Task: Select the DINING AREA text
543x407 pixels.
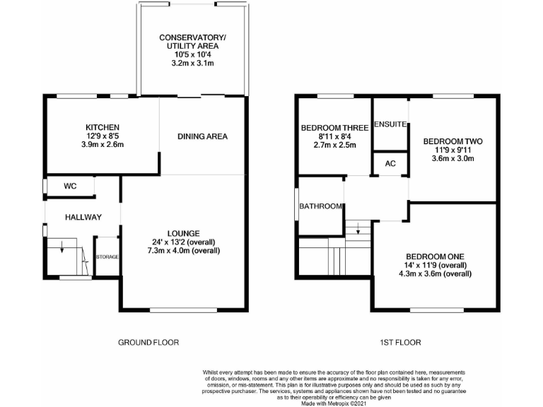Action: [202, 136]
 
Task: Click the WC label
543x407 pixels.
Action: [70, 187]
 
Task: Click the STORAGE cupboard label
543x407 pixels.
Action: [107, 256]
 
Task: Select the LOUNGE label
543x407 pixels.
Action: [183, 233]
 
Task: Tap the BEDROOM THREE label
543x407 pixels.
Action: [334, 128]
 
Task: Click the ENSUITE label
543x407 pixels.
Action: [390, 124]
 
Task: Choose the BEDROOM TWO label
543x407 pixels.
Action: [452, 141]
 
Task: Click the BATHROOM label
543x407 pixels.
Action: [321, 206]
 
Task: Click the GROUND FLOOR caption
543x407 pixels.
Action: [148, 342]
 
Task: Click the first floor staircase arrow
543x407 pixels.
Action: [358, 230]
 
